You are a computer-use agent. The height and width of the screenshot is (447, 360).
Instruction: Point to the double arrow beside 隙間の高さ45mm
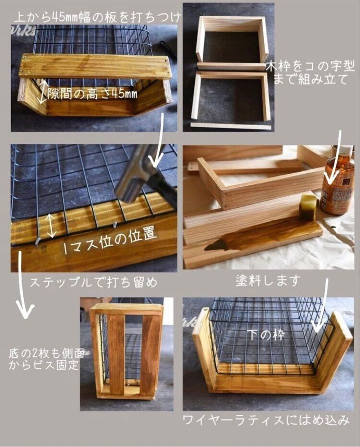pos(43,92)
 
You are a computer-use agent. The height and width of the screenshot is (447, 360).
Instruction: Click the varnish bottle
pos(338,185)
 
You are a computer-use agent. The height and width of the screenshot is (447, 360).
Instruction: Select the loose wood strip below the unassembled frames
pos(231,126)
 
